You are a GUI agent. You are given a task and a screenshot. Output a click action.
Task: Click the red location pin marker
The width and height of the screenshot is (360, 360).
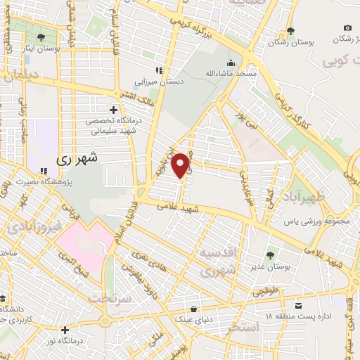(x=181, y=165)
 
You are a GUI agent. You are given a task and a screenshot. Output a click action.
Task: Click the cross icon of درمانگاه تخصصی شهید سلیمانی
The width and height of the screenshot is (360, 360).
(x=113, y=110)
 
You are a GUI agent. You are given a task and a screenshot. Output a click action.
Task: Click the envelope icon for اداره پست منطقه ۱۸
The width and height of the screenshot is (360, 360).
(x=299, y=305)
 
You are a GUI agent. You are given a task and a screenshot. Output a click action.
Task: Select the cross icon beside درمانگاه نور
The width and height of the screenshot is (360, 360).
(x=65, y=329)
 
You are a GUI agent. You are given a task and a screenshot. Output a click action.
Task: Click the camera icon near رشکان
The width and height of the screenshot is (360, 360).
(x=347, y=27)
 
